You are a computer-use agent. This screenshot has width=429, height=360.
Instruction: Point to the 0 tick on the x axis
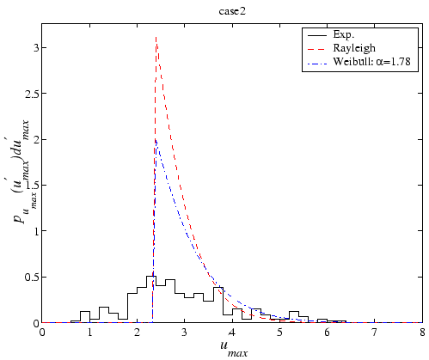point(42,332)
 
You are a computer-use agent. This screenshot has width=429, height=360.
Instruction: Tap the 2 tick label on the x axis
point(137,332)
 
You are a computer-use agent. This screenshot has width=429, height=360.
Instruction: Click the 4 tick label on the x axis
point(232,332)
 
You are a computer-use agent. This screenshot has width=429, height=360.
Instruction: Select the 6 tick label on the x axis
point(327,332)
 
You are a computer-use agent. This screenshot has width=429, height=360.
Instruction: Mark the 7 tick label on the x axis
point(374,332)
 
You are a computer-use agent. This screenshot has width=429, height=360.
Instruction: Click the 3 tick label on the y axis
point(34,47)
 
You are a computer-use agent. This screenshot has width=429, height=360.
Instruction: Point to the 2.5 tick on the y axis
point(30,93)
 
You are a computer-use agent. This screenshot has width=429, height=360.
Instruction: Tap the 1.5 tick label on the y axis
point(30,185)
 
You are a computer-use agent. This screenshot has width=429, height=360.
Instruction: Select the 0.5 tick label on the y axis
point(30,277)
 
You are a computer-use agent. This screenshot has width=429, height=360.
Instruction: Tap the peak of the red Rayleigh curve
point(156,37)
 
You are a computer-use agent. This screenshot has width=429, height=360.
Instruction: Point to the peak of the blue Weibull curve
point(155,139)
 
